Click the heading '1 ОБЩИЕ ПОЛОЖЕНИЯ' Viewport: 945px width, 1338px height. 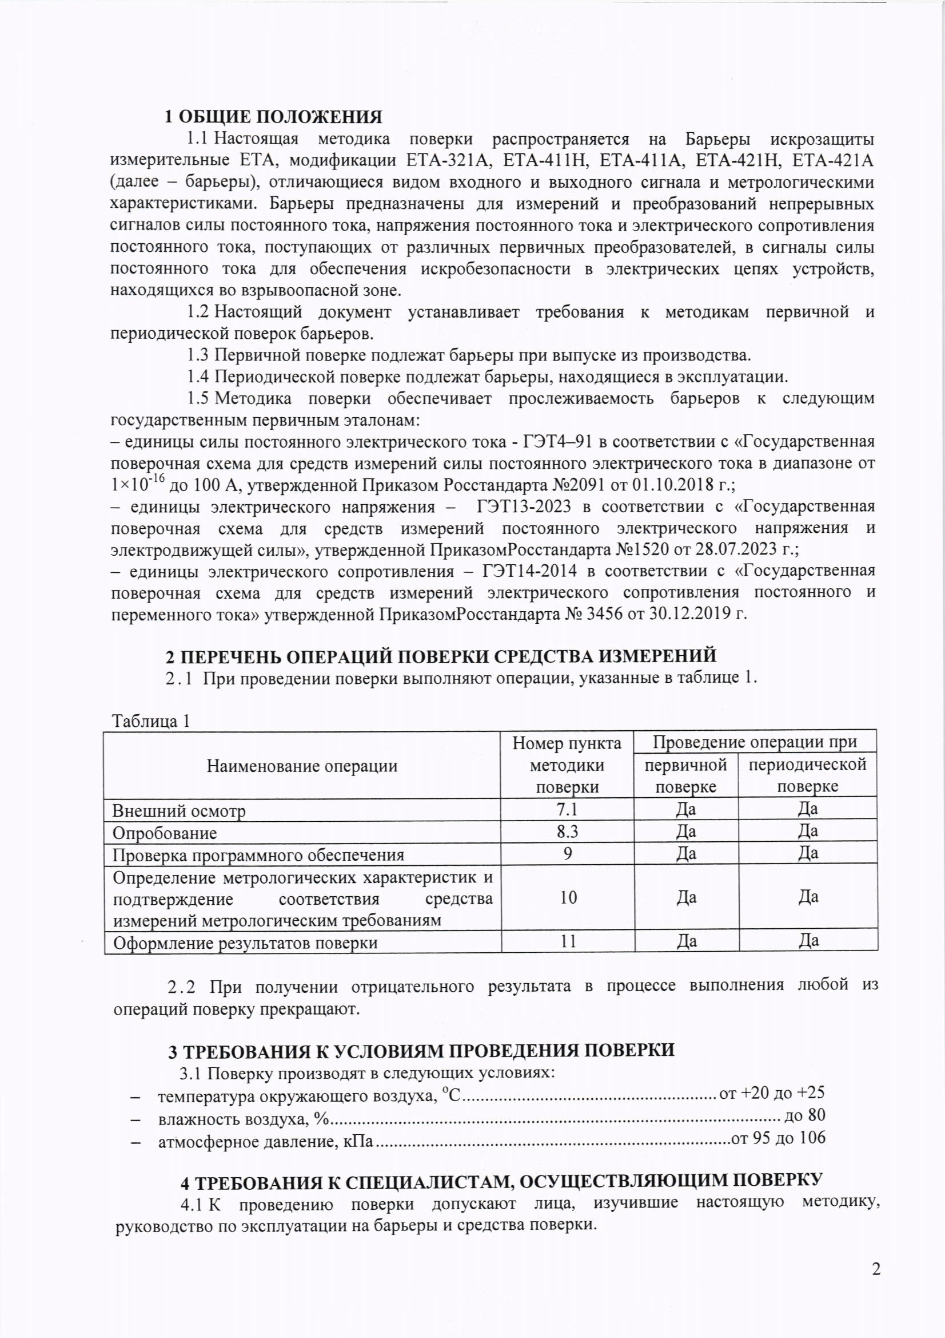point(273,117)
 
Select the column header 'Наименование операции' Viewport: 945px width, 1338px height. point(302,766)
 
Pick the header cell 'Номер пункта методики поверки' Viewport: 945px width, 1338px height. point(567,765)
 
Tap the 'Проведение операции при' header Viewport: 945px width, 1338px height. point(754,742)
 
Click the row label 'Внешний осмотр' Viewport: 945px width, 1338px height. point(179,810)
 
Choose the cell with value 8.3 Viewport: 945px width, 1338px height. point(567,832)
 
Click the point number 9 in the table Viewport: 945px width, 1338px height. point(568,854)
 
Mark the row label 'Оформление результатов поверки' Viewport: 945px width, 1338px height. point(245,943)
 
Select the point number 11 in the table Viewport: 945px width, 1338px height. point(568,942)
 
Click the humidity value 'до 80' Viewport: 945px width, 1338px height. point(805,1115)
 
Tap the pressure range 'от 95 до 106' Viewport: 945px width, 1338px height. point(778,1138)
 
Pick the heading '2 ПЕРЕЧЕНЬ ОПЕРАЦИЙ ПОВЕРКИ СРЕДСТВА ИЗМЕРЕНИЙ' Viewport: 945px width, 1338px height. point(441,657)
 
